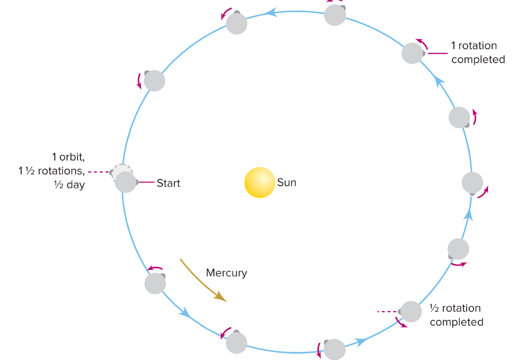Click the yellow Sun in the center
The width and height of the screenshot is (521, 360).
click(259, 183)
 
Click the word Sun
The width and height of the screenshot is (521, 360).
click(287, 183)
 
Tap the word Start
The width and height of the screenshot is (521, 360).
click(168, 183)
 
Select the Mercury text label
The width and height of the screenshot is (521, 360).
click(226, 273)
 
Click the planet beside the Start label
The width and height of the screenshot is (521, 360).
click(126, 182)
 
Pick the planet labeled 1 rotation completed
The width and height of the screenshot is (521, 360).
click(412, 53)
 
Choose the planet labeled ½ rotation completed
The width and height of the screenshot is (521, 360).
click(411, 312)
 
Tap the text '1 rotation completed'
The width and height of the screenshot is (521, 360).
click(478, 53)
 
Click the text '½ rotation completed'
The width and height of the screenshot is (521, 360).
click(456, 315)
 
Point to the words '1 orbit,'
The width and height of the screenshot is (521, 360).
click(68, 157)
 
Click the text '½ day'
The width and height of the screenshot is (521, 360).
click(69, 186)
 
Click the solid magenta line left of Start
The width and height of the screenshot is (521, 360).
click(146, 183)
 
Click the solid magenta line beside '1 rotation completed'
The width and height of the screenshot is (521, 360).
click(437, 53)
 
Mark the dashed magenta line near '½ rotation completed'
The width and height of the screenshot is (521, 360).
click(387, 311)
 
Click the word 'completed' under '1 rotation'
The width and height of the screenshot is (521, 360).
click(478, 60)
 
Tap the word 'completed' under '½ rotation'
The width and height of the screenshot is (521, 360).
click(456, 322)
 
